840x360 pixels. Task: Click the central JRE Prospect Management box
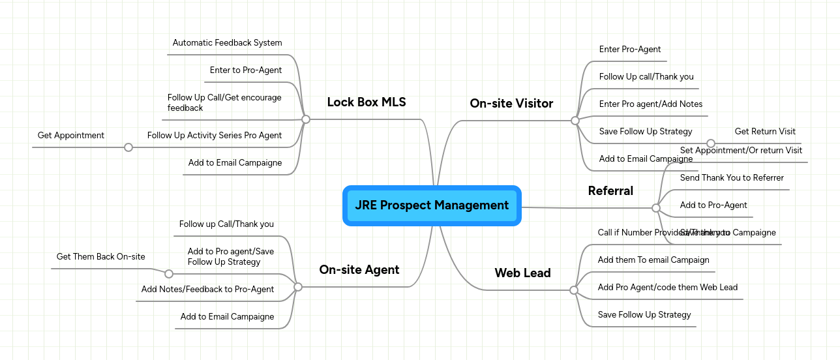(x=432, y=205)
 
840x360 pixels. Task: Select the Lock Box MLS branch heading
(x=366, y=102)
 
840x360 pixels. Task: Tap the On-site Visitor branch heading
(x=511, y=103)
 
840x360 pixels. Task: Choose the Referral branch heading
(x=610, y=190)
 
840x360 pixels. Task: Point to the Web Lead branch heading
(x=522, y=273)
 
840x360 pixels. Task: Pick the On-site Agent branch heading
(x=359, y=269)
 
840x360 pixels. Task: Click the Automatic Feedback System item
(x=227, y=43)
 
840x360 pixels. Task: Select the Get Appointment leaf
(x=71, y=136)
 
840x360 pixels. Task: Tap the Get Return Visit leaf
(x=765, y=132)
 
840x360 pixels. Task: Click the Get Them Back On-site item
(x=101, y=257)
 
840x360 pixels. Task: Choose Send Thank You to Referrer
(x=732, y=178)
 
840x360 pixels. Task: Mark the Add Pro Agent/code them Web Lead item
(x=668, y=288)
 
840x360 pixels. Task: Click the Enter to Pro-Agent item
(x=246, y=70)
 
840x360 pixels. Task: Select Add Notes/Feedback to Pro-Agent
(x=207, y=290)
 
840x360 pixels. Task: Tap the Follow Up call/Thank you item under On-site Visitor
(x=646, y=77)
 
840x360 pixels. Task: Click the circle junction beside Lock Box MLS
(x=306, y=119)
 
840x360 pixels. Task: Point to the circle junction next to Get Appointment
(x=128, y=147)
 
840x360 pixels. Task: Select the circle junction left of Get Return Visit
(x=711, y=143)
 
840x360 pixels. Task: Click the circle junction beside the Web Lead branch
(x=574, y=290)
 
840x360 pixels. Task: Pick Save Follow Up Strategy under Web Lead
(x=644, y=315)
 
